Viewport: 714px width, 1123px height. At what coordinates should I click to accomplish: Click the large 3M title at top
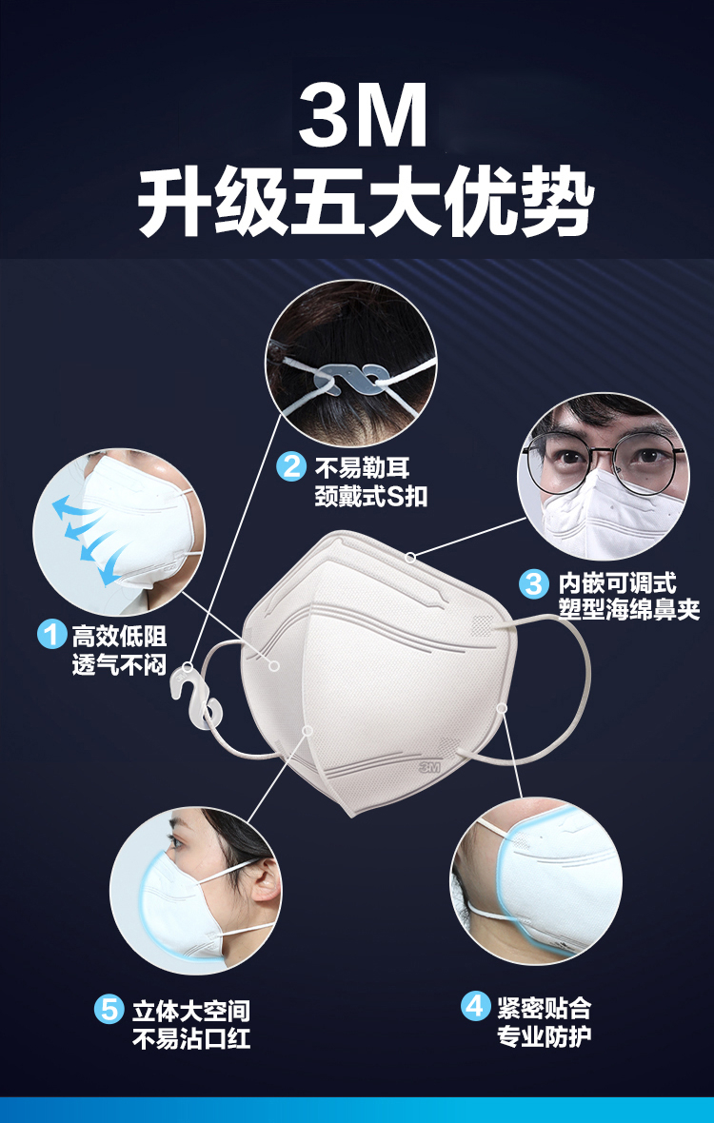363,114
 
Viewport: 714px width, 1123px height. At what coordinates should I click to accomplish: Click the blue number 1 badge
51,635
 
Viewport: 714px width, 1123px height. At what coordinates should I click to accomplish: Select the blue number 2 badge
291,467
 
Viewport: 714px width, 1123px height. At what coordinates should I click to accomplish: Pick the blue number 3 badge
533,583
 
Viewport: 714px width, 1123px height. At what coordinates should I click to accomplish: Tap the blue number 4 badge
475,1007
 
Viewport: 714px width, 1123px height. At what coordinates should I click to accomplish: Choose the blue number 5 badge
109,1010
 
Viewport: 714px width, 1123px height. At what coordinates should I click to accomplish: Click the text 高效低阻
119,636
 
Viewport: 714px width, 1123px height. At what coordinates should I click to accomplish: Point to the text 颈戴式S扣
371,496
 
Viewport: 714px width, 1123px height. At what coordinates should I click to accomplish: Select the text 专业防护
545,1035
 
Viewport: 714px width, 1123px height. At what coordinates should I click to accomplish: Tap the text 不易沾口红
191,1037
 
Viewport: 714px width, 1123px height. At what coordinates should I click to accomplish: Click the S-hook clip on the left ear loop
194,699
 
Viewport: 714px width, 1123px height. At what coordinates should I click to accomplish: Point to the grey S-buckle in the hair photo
350,378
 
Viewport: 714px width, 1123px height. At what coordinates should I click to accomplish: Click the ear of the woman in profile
265,883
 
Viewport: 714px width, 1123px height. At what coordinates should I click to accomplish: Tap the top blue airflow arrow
75,505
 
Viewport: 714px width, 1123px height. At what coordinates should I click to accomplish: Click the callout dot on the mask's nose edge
410,557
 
